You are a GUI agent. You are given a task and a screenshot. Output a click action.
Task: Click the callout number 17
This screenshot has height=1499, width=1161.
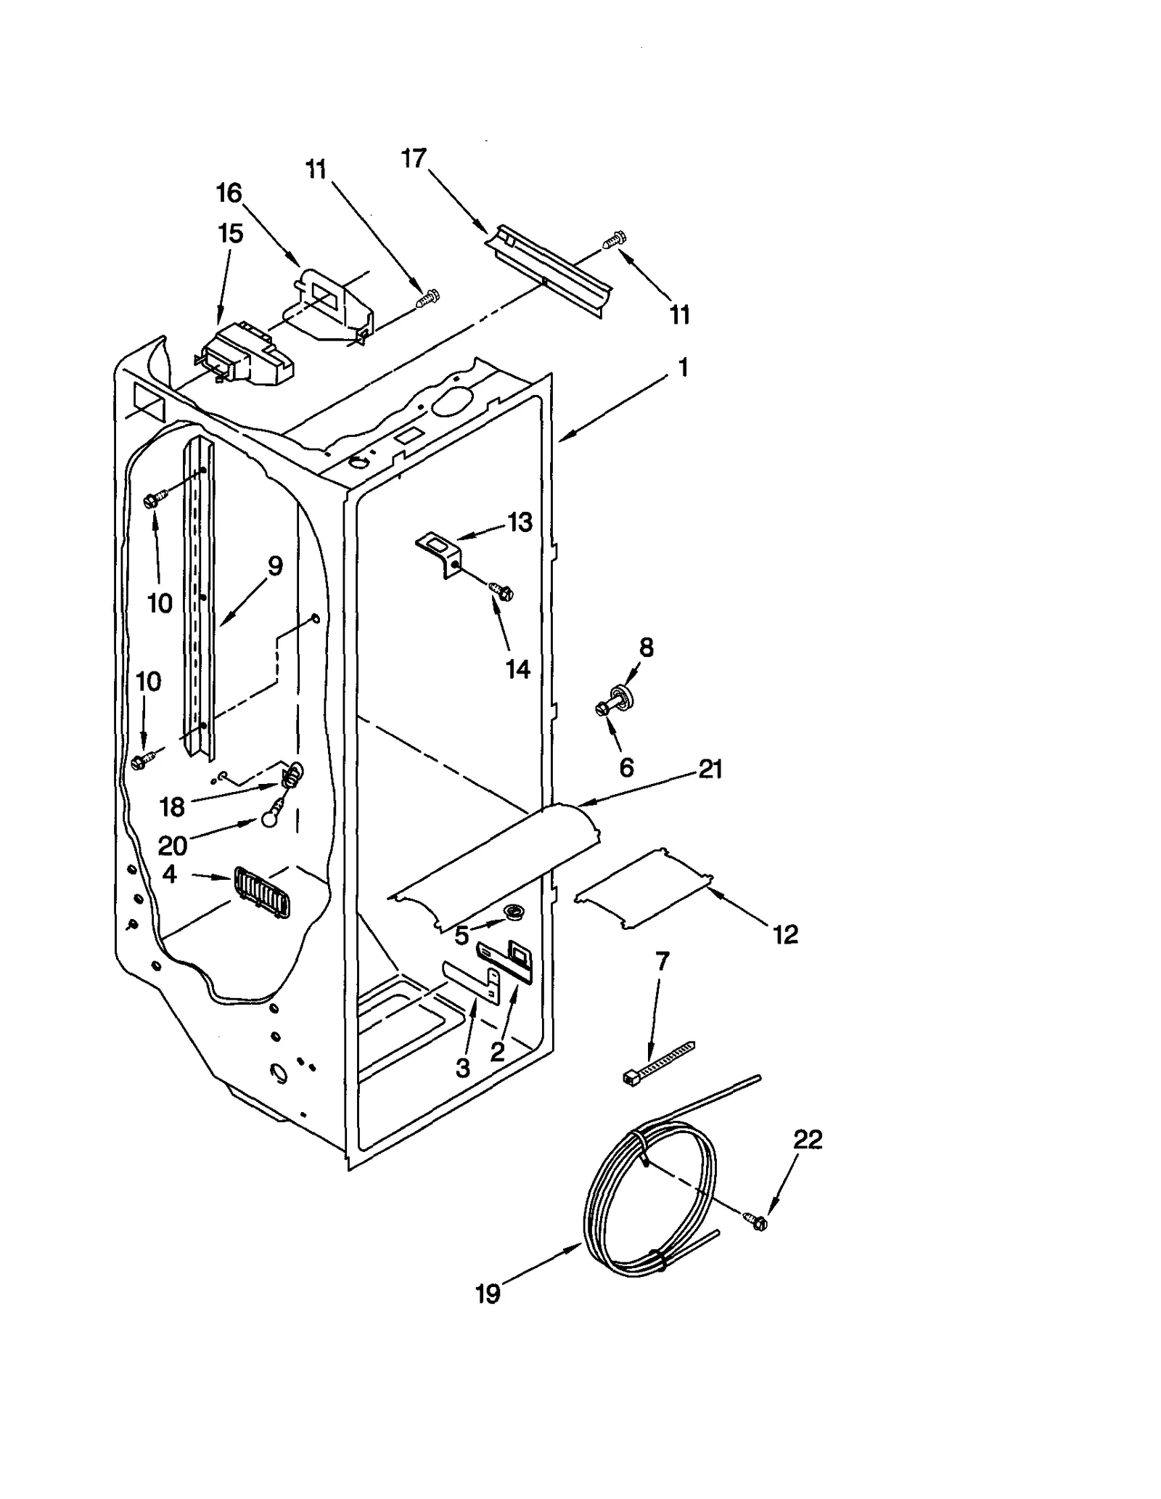pyautogui.click(x=414, y=158)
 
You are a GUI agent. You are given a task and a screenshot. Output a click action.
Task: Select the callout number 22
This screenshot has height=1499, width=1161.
pyautogui.click(x=808, y=1139)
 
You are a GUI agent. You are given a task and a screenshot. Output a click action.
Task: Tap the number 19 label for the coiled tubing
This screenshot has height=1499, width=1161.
pyautogui.click(x=488, y=1294)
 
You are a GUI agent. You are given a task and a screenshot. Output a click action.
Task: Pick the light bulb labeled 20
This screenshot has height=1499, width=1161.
pyautogui.click(x=270, y=817)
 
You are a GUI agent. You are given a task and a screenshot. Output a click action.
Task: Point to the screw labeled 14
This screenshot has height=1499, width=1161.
pyautogui.click(x=501, y=592)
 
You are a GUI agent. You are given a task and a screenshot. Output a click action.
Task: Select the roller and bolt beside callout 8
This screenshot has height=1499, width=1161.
pyautogui.click(x=615, y=701)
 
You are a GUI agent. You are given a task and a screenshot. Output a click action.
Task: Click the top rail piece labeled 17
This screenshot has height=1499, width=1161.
pyautogui.click(x=549, y=269)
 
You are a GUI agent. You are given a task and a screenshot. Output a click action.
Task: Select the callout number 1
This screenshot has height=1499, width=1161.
pyautogui.click(x=682, y=367)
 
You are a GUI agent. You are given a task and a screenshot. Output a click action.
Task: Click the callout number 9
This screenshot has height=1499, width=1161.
pyautogui.click(x=275, y=565)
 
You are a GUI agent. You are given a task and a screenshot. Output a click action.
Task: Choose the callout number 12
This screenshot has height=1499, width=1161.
pyautogui.click(x=785, y=934)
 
